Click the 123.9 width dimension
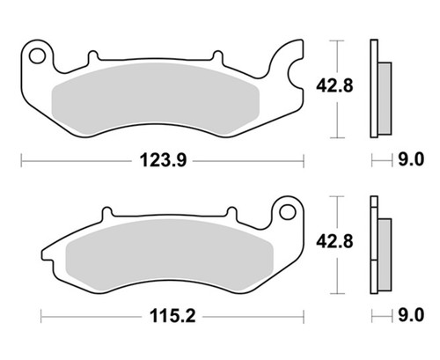coord(163,161)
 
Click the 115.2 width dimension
coord(172,317)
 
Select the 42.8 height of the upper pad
coord(334,86)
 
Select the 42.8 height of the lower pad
coord(334,242)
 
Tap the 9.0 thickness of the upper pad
coord(411,160)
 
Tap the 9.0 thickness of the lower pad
coord(411,316)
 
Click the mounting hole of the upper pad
coord(38,56)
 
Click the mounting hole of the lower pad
coord(288,212)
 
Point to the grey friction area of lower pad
coord(170,254)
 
